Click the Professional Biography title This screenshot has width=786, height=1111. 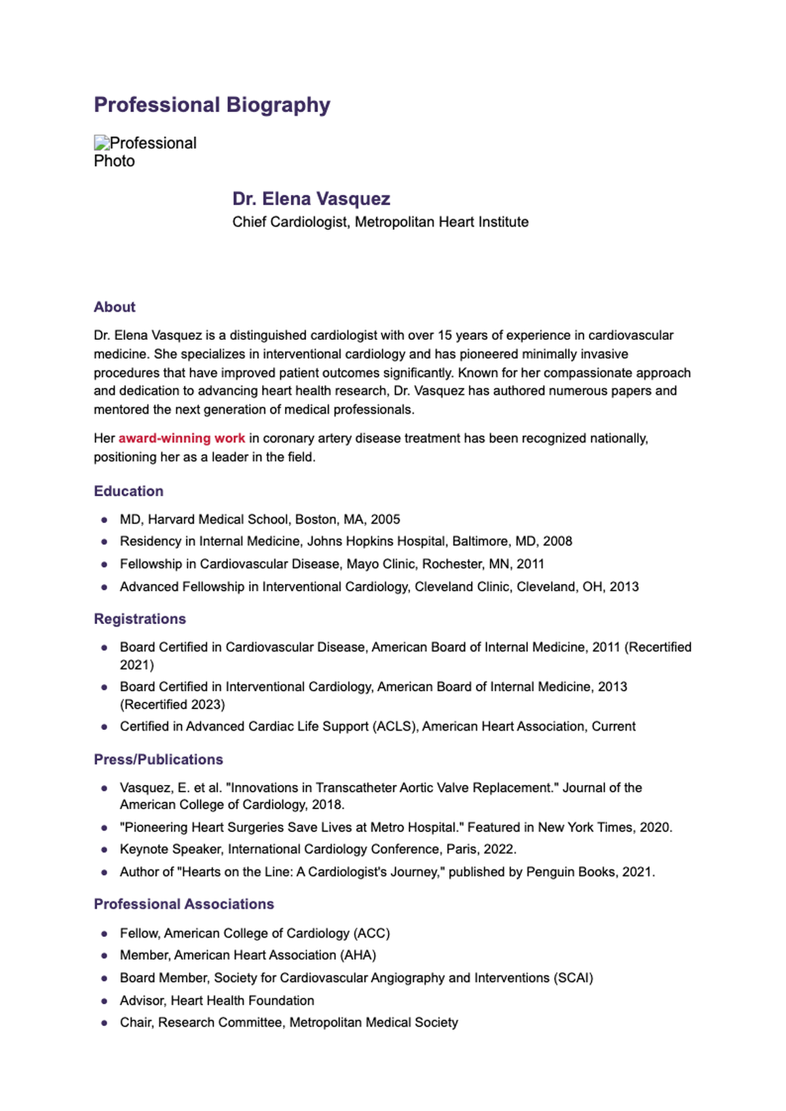212,105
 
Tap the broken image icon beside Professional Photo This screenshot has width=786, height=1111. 102,143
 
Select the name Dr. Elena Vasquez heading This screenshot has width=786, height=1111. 311,199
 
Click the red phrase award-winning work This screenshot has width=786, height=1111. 181,438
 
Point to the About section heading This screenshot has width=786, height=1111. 115,307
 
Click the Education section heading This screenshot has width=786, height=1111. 128,491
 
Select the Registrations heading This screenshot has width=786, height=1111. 140,619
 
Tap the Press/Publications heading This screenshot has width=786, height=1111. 159,759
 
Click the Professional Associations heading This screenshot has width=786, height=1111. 183,904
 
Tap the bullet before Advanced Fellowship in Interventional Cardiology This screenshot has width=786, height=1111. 104,587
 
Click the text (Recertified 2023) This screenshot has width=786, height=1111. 172,704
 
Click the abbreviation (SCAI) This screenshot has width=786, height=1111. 573,977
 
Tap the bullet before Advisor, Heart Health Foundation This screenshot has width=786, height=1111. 104,1001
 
